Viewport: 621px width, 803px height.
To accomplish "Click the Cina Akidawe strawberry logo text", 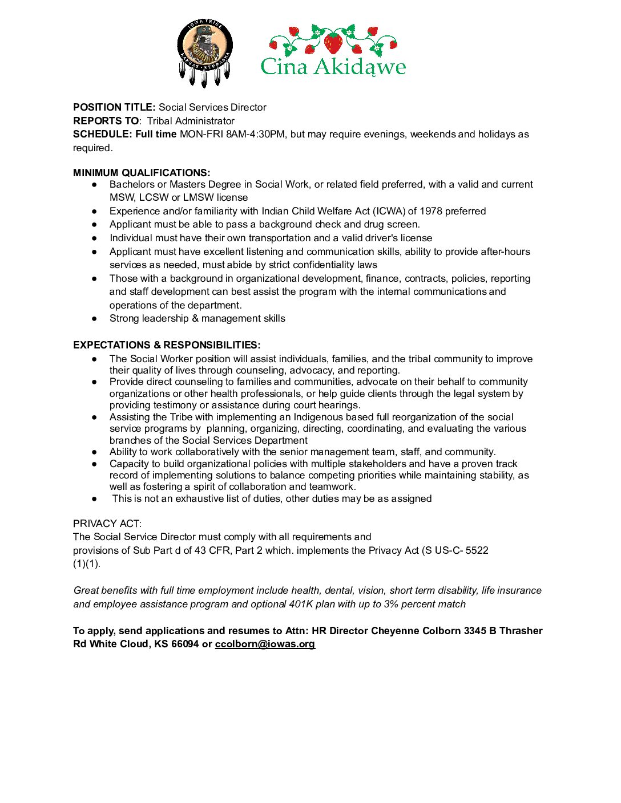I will (333, 67).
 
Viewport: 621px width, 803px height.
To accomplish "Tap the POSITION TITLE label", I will (114, 107).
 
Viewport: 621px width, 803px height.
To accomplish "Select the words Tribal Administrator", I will (191, 121).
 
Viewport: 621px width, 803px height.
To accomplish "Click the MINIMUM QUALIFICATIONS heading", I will (142, 173).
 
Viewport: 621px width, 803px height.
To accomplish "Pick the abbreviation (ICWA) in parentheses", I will (388, 211).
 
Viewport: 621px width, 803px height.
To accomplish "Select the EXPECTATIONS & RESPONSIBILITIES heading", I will (167, 345).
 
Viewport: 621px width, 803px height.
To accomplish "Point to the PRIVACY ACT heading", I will (107, 524).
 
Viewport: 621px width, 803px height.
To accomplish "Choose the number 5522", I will (477, 550).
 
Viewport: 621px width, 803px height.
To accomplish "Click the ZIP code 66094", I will (185, 644).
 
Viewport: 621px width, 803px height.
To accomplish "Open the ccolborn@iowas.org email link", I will (265, 644).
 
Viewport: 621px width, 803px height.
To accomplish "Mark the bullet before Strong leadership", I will (95, 319).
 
